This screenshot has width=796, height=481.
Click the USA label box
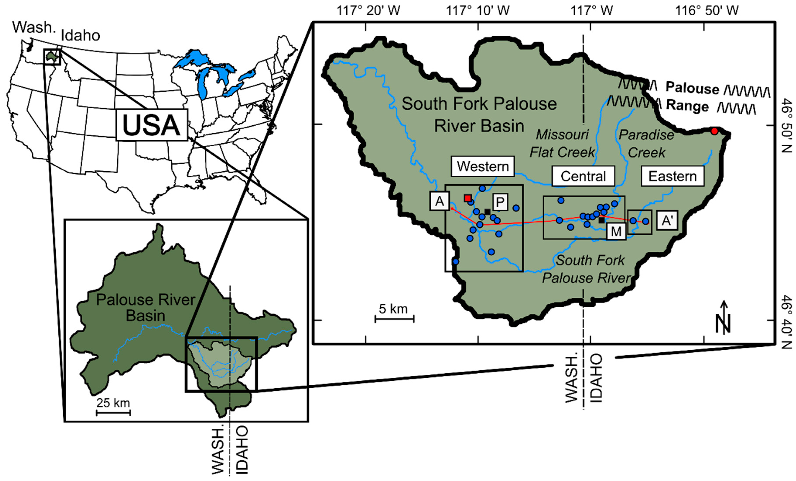pos(152,125)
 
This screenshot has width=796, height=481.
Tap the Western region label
pos(483,166)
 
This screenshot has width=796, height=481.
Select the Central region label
pos(583,176)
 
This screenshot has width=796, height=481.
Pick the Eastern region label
pos(673,176)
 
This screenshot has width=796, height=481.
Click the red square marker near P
pos(467,198)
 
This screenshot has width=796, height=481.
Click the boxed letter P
pos(500,202)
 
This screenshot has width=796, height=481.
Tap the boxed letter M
pos(616,231)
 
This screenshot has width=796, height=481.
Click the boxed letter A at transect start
pos(440,201)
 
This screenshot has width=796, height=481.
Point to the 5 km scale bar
pos(394,319)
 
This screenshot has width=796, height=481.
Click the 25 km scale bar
pos(113,412)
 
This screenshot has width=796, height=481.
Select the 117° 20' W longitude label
pos(368,11)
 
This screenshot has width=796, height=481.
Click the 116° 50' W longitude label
pos(707,11)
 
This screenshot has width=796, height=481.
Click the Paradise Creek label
pos(646,143)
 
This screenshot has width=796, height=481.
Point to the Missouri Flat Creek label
pos(562,143)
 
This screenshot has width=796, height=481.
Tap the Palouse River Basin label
pos(145,307)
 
